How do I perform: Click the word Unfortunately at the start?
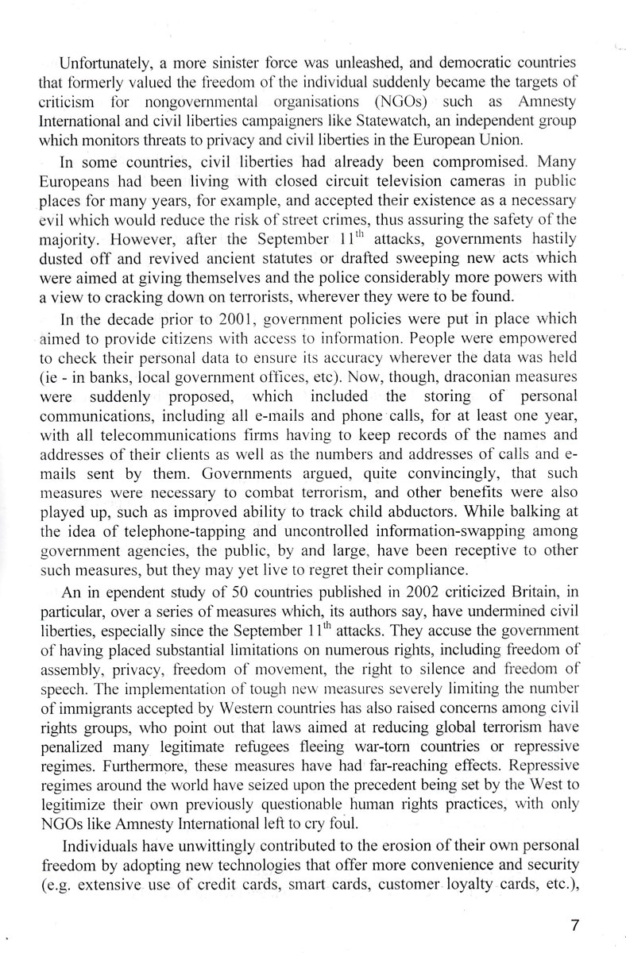(94, 63)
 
